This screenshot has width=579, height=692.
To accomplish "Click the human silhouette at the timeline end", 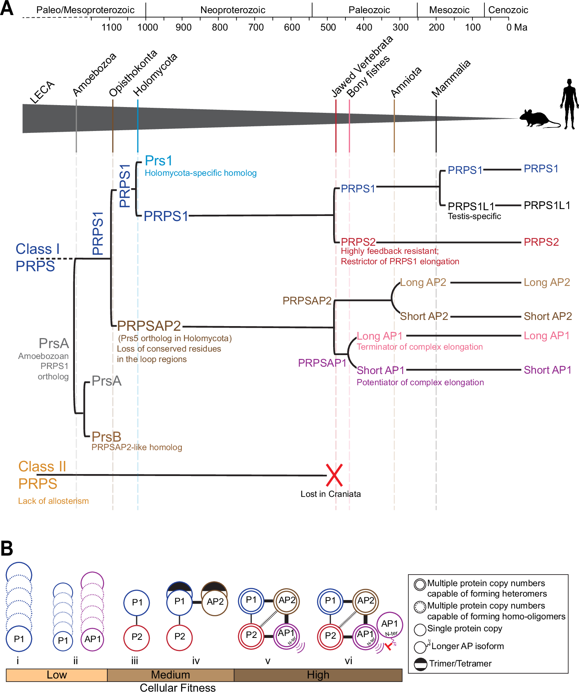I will pyautogui.click(x=569, y=104).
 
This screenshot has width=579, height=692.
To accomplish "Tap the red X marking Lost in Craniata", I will pyautogui.click(x=334, y=475).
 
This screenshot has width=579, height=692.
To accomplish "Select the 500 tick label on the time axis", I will pyautogui.click(x=328, y=27).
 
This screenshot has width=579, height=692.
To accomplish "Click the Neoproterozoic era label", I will pyautogui.click(x=233, y=10).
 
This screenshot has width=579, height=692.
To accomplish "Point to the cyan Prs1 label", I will pyautogui.click(x=159, y=161).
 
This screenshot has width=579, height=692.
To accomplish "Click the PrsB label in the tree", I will pyautogui.click(x=107, y=437).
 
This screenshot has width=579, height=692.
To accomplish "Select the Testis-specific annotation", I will pyautogui.click(x=474, y=216).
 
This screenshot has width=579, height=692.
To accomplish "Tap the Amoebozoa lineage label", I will pyautogui.click(x=95, y=74).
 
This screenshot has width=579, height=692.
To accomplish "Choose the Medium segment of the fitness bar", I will pyautogui.click(x=171, y=675).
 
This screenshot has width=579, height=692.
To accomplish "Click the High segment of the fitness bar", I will pyautogui.click(x=318, y=675).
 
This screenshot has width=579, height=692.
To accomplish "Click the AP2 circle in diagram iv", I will pyautogui.click(x=215, y=602).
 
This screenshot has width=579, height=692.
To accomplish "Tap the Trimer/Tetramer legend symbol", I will pyautogui.click(x=420, y=664).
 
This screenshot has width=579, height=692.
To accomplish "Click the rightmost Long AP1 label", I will pyautogui.click(x=547, y=335).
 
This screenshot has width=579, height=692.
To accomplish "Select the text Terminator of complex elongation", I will pyautogui.click(x=420, y=347).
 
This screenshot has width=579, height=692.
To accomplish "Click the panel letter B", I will pyautogui.click(x=7, y=548).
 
